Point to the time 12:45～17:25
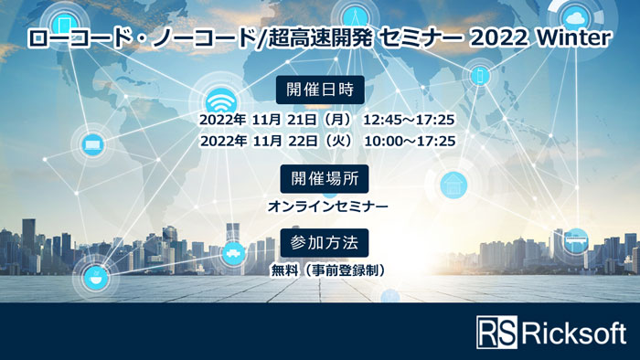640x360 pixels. tap(410, 119)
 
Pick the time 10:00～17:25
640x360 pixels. tap(410, 141)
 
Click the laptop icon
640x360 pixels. tap(91, 143)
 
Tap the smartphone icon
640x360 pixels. tap(481, 76)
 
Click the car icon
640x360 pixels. tap(233, 252)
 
